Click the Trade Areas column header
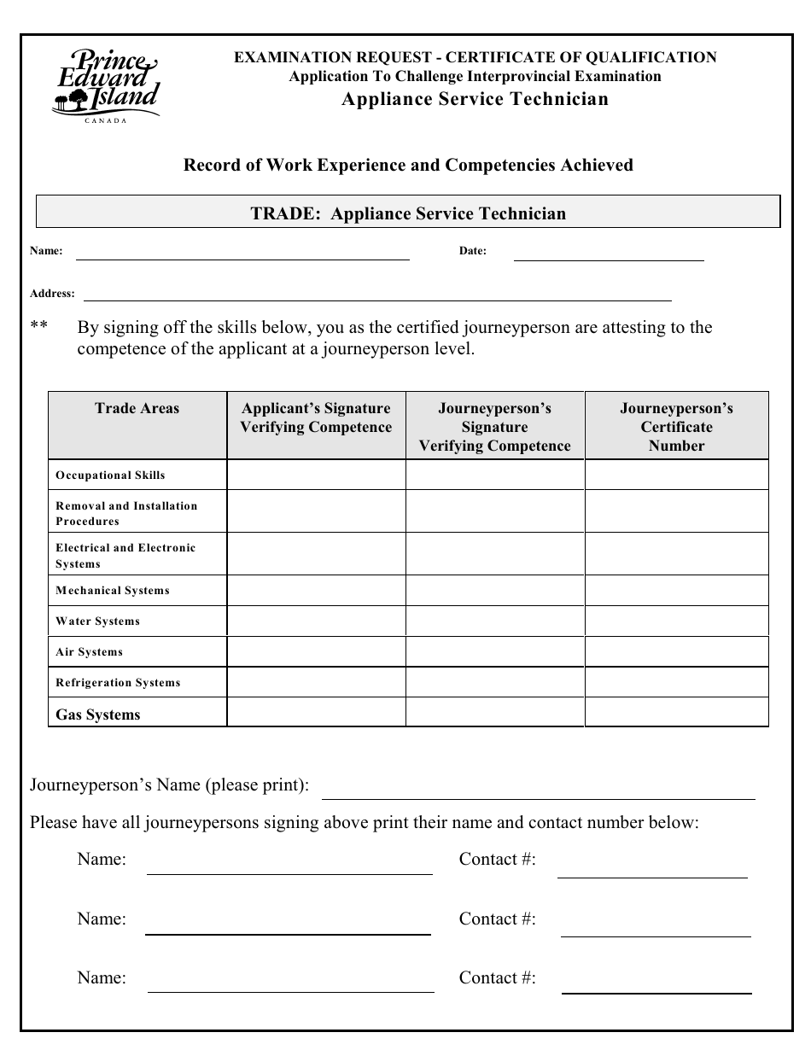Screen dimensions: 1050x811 [137, 409]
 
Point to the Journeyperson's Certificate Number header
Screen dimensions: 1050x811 [676, 427]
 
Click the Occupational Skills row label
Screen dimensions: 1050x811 [110, 475]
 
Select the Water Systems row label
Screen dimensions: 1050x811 [97, 621]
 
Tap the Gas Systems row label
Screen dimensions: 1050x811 [98, 715]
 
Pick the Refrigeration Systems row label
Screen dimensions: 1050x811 [118, 683]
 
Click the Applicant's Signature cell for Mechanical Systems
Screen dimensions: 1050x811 [316, 591]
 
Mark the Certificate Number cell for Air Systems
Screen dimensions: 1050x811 [676, 652]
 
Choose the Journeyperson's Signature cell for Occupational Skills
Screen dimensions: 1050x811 [494, 475]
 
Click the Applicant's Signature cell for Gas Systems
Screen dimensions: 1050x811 [316, 713]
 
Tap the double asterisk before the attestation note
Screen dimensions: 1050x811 [39, 328]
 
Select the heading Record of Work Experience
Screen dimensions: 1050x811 [408, 165]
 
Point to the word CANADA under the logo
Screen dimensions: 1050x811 [106, 120]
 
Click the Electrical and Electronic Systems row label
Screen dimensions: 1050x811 [125, 556]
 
